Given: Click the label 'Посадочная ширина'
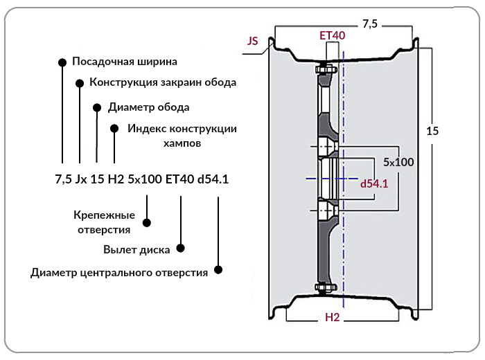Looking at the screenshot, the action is [x=125, y=62].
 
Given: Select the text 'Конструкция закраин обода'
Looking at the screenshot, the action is [x=163, y=82].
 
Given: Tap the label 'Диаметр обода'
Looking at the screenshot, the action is [x=148, y=107].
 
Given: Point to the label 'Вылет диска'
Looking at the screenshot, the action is [x=136, y=250].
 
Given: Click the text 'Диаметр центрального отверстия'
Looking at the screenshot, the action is [x=119, y=273].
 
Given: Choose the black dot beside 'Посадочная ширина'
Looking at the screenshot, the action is [x=62, y=62].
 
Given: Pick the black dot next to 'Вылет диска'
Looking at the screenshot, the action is [x=180, y=248].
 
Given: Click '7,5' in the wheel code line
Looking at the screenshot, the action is [x=64, y=179].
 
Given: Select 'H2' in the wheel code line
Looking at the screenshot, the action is [x=116, y=179].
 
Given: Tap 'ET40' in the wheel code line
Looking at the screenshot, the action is [x=179, y=179].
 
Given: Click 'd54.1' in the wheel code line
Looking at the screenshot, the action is [x=213, y=179].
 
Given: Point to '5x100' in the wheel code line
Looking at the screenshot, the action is [x=145, y=179].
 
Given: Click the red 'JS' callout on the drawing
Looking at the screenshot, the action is [x=252, y=41].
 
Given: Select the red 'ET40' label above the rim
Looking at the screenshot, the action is [x=332, y=35].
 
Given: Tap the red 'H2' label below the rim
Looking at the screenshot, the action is [x=332, y=317].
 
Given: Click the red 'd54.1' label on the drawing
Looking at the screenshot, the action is [x=374, y=184].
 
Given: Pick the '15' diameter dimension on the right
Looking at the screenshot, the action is [x=432, y=131].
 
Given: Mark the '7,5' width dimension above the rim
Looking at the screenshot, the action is [x=370, y=24].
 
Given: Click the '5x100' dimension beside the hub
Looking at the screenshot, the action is [x=398, y=162].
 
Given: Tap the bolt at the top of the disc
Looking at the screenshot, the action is [x=326, y=69].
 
